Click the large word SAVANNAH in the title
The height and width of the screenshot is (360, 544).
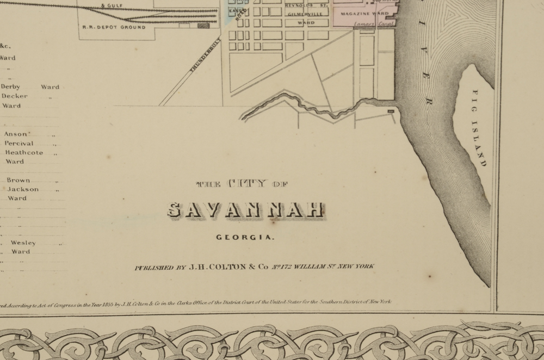tap(246, 210)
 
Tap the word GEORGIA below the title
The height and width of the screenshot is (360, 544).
tap(245, 237)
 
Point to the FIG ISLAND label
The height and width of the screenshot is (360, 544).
tap(478, 128)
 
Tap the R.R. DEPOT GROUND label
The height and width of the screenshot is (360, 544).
tap(114, 27)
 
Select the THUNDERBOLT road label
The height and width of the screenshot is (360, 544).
tap(205, 57)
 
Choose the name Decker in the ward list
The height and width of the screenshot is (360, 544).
tap(14, 96)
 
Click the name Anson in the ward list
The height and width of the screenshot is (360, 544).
tap(15, 134)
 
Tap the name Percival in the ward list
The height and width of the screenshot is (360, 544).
tap(19, 144)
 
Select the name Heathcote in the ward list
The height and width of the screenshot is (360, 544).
tap(24, 153)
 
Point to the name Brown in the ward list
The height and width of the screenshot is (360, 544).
tap(18, 180)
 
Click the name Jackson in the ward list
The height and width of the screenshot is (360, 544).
tap(23, 189)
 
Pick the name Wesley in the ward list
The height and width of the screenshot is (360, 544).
tap(23, 243)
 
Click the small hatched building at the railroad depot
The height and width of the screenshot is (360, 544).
tap(204, 25)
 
